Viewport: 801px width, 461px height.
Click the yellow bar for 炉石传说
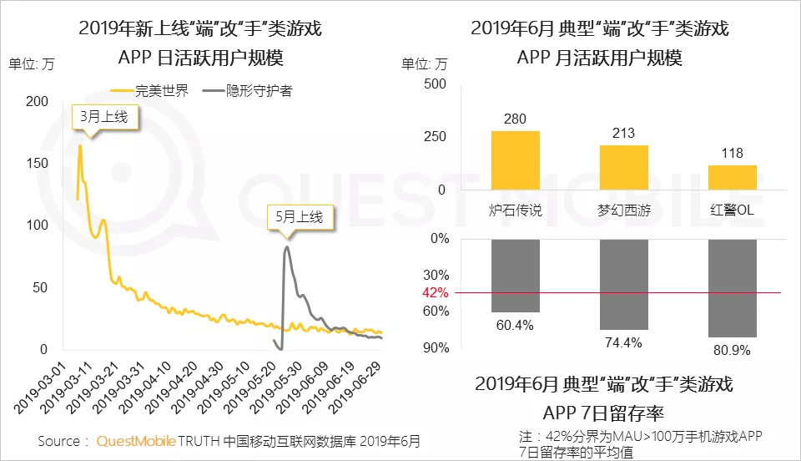[516, 160]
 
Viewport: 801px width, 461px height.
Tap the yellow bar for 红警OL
[733, 177]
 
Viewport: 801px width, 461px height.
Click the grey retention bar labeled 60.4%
[516, 276]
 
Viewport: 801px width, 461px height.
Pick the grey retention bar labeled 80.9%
[733, 288]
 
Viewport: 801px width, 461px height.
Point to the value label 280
[516, 119]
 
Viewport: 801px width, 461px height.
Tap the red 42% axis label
[436, 293]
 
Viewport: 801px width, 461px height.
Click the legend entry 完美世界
[150, 90]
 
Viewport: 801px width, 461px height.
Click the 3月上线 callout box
[104, 117]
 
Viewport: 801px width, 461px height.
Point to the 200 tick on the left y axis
[38, 101]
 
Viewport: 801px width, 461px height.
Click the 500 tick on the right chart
[435, 84]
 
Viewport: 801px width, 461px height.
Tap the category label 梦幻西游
[624, 210]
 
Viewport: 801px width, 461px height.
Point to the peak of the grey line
[287, 247]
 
